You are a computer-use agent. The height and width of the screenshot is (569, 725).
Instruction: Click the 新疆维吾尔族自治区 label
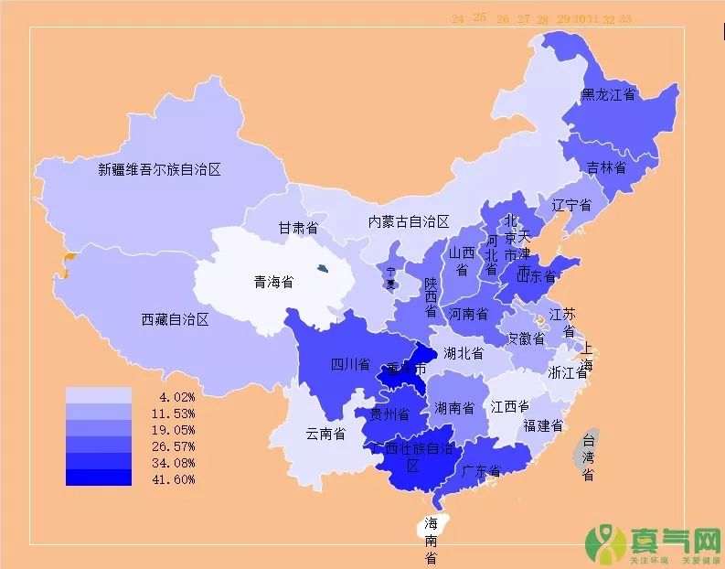click(160, 169)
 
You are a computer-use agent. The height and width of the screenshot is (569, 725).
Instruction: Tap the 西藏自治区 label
click(176, 319)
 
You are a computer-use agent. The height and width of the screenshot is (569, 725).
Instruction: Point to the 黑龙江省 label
click(609, 94)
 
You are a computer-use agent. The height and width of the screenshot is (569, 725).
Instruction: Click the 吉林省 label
click(606, 167)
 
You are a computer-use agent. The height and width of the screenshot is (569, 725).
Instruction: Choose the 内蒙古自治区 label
click(409, 221)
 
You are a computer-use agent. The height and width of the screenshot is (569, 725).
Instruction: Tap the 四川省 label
click(349, 364)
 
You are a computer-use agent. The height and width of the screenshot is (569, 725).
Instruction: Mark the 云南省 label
click(325, 434)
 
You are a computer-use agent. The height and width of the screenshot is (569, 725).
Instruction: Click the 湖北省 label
click(464, 353)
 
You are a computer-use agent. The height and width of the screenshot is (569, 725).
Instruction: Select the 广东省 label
click(481, 471)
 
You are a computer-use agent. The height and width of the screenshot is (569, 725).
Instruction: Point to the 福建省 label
click(543, 425)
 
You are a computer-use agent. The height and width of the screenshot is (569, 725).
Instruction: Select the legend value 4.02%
click(176, 396)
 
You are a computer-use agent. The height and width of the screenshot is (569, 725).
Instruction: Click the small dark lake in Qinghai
click(322, 268)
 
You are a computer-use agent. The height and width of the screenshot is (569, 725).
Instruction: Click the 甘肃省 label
click(298, 227)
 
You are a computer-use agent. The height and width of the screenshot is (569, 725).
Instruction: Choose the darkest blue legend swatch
click(99, 478)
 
